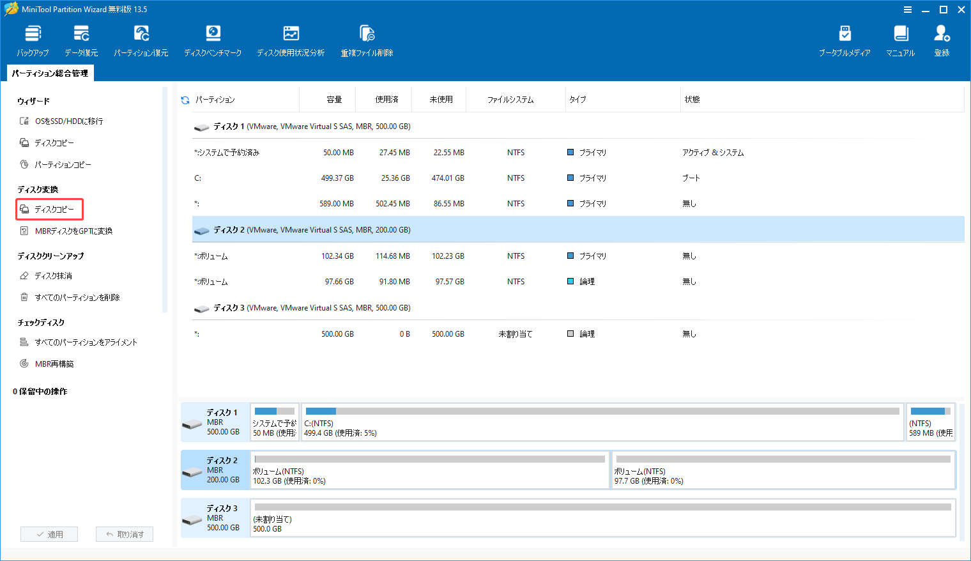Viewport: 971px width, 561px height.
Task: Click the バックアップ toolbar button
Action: click(x=33, y=41)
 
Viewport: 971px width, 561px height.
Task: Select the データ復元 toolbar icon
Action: click(x=81, y=41)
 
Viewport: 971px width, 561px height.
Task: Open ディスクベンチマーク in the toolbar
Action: click(x=213, y=41)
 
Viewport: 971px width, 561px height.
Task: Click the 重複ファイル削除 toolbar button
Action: click(x=367, y=41)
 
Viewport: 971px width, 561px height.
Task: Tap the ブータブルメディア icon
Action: click(x=845, y=41)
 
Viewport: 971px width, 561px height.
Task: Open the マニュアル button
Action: click(x=900, y=41)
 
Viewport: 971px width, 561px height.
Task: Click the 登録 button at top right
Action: click(x=942, y=41)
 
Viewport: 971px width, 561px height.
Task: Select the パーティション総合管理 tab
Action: click(x=50, y=73)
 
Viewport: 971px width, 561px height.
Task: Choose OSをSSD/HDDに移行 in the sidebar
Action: click(x=68, y=121)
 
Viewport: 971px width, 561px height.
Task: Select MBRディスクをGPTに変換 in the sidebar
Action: click(x=73, y=231)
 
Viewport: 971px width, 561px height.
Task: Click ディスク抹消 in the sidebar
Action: click(x=53, y=276)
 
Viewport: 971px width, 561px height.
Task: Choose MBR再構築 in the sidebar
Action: click(x=54, y=364)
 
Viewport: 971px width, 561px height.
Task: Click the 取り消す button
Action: click(x=125, y=534)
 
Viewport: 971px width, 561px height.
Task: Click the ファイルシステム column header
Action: click(x=510, y=100)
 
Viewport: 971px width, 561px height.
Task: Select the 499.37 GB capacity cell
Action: click(x=337, y=178)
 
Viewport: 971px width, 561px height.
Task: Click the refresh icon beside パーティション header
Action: click(x=185, y=100)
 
